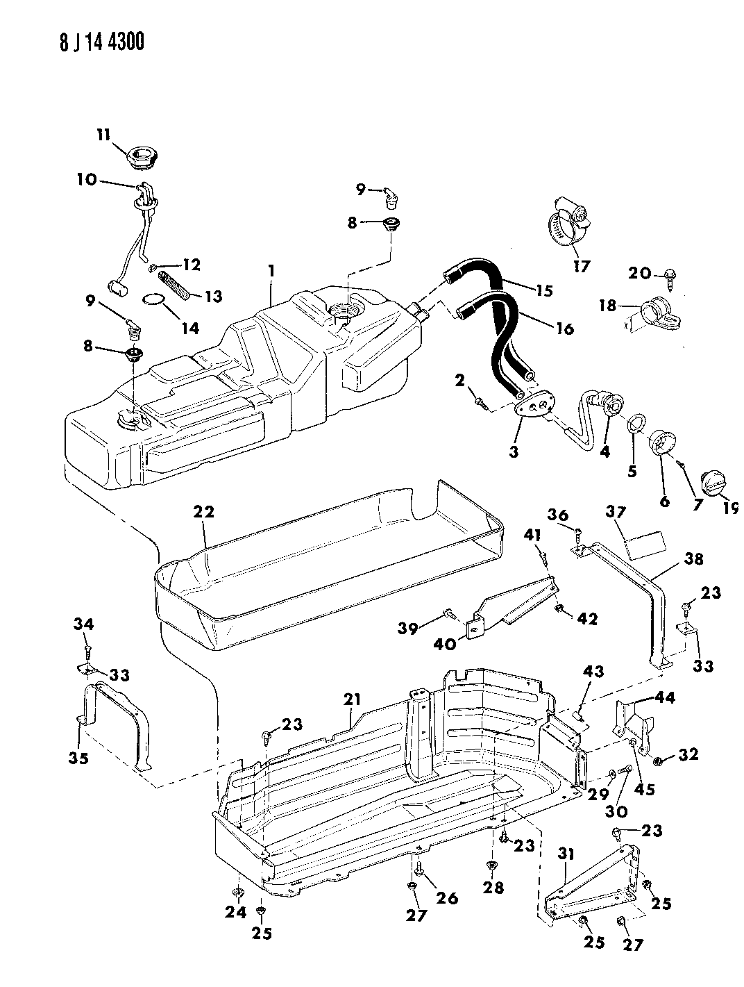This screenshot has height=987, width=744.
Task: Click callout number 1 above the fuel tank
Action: (273, 272)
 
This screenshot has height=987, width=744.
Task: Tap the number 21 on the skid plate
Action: (352, 701)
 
